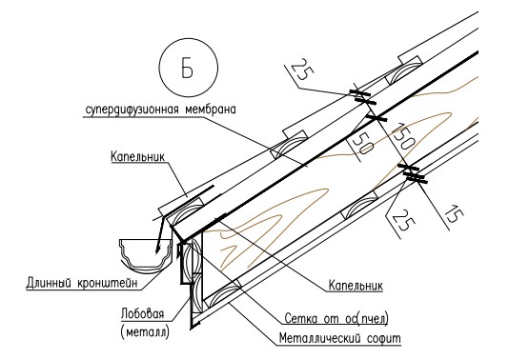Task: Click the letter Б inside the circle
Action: [188, 69]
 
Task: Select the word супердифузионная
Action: [131, 110]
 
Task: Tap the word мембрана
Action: [210, 110]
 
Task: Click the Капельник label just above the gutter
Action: [137, 156]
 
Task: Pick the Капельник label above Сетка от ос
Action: [356, 286]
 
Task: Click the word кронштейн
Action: [107, 283]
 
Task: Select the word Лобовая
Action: [142, 313]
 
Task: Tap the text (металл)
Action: [145, 331]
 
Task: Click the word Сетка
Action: [300, 319]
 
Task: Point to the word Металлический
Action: [319, 338]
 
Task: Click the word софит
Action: [384, 339]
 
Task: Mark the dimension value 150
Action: [403, 136]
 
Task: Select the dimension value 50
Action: [361, 144]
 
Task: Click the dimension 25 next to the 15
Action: [403, 219]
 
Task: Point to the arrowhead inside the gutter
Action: [158, 249]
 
